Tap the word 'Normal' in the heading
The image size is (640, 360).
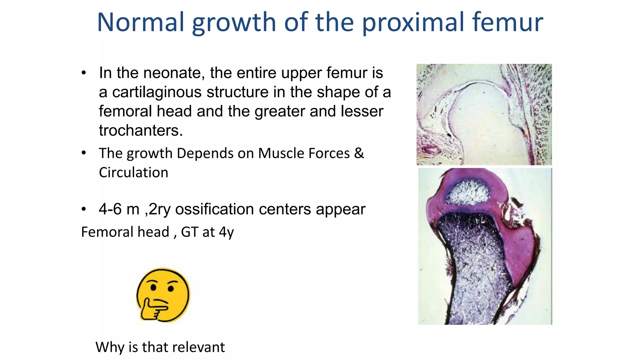pos(141,22)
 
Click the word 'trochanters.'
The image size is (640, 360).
pos(141,131)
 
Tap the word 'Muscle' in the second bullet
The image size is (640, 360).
pos(281,153)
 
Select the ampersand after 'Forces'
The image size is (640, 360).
pos(359,153)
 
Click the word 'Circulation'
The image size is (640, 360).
pos(133,172)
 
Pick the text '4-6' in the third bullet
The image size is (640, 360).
pos(110,209)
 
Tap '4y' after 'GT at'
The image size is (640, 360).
pos(226,232)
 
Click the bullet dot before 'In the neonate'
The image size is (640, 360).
pos(83,73)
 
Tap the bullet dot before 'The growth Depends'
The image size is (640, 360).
pos(83,153)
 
